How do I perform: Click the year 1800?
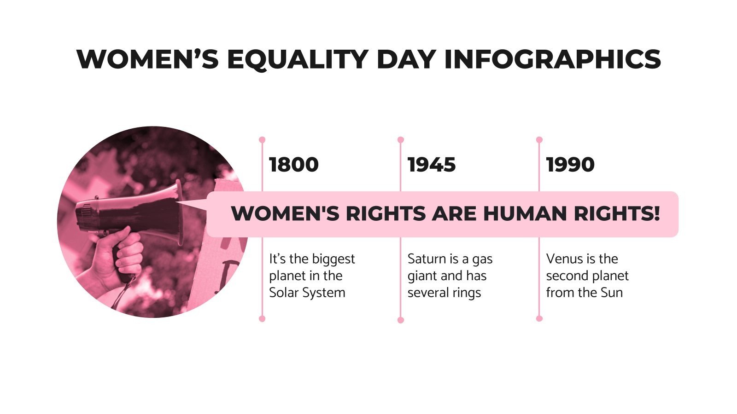click(x=294, y=165)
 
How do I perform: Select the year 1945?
click(x=432, y=165)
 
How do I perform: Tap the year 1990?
click(x=570, y=165)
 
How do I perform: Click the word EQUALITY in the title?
click(x=297, y=59)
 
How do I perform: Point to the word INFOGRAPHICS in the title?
click(x=552, y=59)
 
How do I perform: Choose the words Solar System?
click(x=307, y=293)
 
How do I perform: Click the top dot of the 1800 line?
click(x=262, y=139)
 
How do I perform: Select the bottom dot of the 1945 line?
click(x=400, y=320)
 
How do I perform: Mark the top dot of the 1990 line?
click(x=539, y=139)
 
